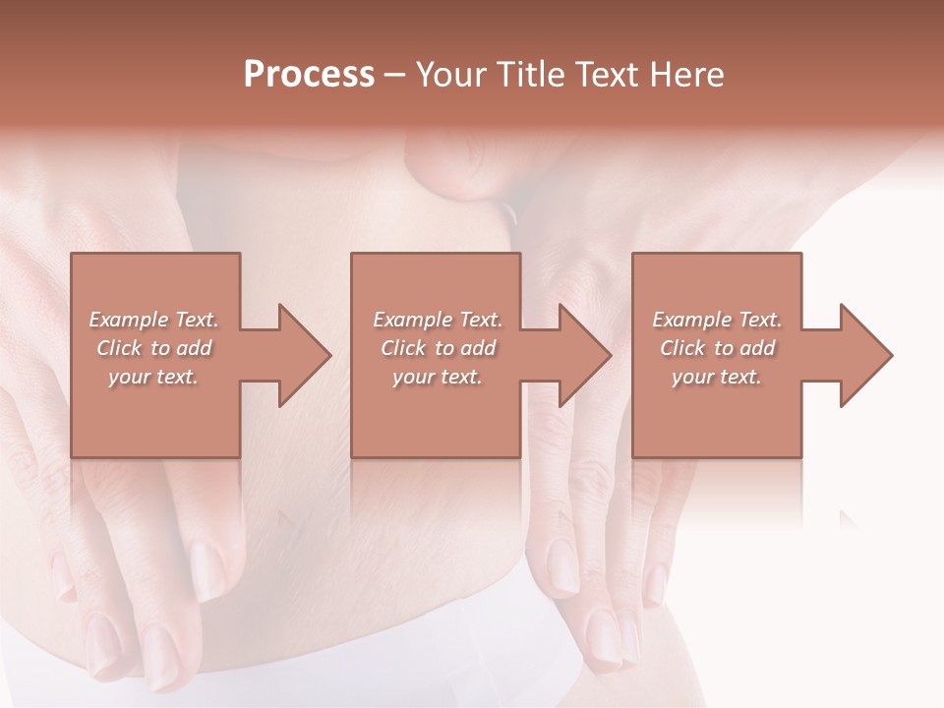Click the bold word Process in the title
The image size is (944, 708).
point(309,75)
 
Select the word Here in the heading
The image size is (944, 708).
point(686,75)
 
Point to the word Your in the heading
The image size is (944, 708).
point(452,75)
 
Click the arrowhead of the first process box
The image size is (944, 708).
point(305,355)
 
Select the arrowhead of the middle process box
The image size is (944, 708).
point(585,355)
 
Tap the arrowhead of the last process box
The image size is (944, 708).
point(865,355)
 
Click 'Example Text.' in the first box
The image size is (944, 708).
point(154,320)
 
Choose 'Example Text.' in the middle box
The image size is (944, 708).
point(438,320)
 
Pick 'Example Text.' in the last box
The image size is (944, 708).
point(717,320)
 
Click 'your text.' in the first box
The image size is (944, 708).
point(153,377)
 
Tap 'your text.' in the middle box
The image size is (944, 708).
point(437,377)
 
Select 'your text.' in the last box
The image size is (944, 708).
point(717,377)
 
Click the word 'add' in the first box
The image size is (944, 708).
point(196,348)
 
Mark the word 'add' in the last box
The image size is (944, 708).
point(758,348)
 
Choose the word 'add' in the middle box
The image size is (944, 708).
point(479,348)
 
